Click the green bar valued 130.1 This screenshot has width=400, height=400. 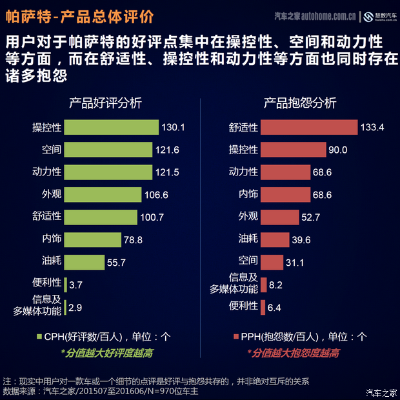(x=112, y=127)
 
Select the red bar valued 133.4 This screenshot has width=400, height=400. (x=309, y=127)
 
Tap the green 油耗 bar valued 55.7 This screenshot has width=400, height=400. (x=85, y=262)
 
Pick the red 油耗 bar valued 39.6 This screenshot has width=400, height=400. (x=275, y=239)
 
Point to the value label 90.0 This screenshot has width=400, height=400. (x=337, y=150)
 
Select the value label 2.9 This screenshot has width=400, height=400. (x=75, y=308)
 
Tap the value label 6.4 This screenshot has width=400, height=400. (x=274, y=308)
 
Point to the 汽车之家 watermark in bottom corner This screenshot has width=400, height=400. (x=381, y=392)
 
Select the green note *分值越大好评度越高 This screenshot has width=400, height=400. (x=106, y=353)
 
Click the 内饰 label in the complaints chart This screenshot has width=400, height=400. (x=248, y=194)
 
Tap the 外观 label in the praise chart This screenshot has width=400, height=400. (x=52, y=194)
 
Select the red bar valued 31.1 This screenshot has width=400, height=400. (x=272, y=262)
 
